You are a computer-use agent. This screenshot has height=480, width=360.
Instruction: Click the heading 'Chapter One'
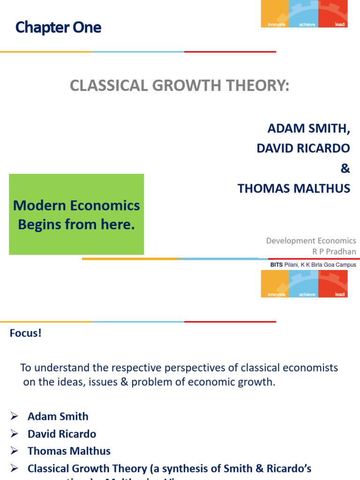[58, 28]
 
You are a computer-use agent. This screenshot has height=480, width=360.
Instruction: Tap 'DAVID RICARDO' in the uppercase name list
[303, 148]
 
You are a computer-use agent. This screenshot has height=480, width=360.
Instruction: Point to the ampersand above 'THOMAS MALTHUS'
[345, 168]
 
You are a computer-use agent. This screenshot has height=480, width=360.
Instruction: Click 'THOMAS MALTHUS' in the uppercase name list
[293, 188]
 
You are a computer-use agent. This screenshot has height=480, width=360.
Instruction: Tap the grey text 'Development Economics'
[311, 240]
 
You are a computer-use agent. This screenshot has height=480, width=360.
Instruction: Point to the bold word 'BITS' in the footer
[277, 265]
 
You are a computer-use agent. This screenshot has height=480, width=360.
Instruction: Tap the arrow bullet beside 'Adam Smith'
[14, 416]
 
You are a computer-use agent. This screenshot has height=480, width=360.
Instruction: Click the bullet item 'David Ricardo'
[61, 434]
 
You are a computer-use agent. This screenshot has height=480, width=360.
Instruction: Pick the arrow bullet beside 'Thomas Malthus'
[14, 451]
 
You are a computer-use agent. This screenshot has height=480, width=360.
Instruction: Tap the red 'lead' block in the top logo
[333, 14]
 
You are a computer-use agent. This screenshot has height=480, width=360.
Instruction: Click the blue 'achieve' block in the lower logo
[303, 284]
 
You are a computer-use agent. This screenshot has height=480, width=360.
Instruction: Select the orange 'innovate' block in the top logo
[276, 14]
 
